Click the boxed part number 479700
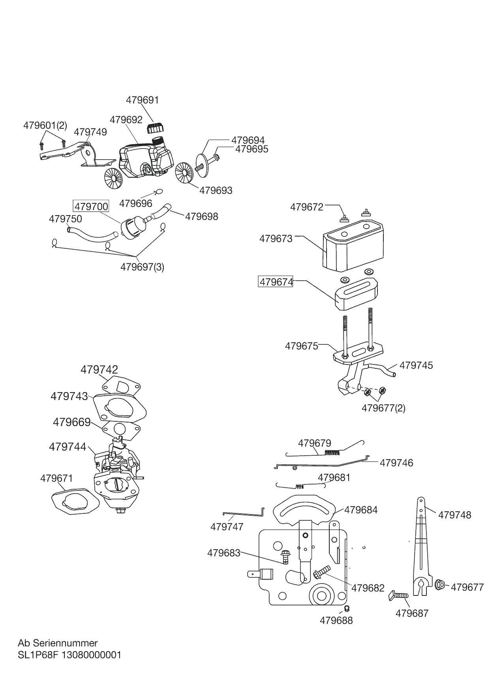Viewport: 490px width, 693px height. click(x=91, y=207)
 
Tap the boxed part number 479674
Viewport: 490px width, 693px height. click(x=276, y=282)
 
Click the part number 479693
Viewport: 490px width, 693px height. click(x=216, y=190)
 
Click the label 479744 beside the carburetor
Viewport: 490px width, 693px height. click(x=68, y=447)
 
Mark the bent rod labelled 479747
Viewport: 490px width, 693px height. click(x=244, y=514)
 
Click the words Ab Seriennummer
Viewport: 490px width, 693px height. click(x=58, y=643)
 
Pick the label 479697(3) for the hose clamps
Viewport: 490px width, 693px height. click(x=142, y=267)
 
